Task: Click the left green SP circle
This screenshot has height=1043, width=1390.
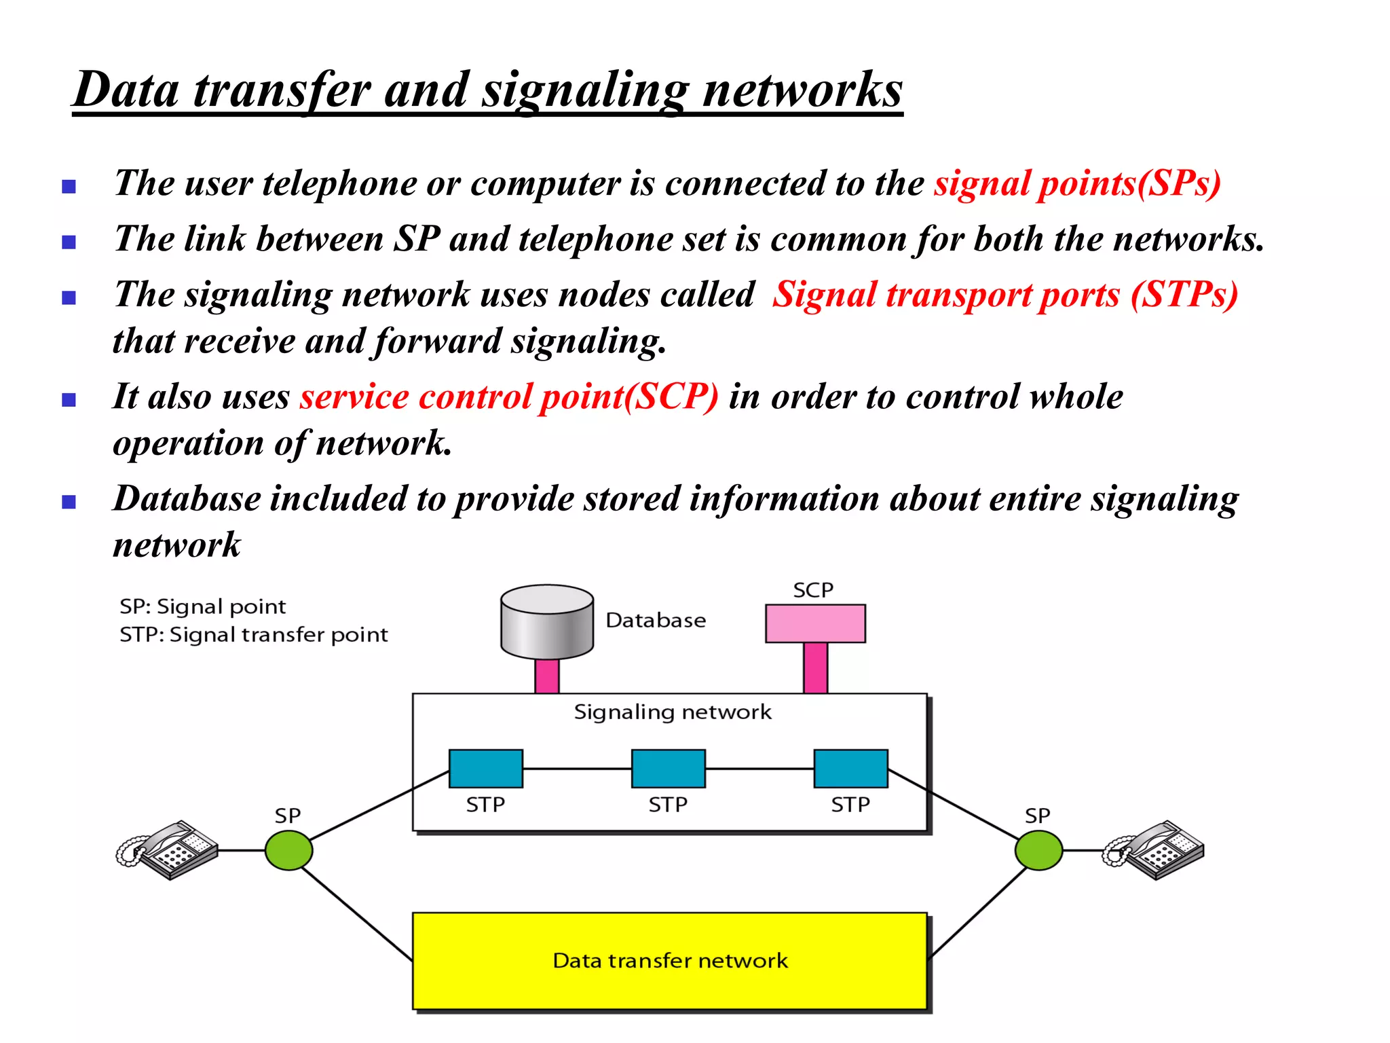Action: point(288,850)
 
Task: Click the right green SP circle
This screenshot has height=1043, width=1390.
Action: point(1038,850)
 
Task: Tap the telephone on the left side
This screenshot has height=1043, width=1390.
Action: point(168,850)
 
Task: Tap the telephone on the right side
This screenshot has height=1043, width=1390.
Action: point(1153,850)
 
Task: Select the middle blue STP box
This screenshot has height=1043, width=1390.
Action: point(668,769)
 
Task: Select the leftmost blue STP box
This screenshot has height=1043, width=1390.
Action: point(485,769)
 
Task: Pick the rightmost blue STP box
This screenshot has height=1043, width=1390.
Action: point(850,769)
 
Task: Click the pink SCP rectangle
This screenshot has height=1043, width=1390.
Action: point(815,623)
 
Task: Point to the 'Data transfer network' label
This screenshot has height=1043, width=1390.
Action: point(670,961)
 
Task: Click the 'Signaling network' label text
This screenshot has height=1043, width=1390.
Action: point(672,712)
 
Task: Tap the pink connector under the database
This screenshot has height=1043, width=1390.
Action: point(547,676)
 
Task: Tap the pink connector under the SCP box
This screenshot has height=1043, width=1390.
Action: point(815,668)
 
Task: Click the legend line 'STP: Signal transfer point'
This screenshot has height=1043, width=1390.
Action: point(253,635)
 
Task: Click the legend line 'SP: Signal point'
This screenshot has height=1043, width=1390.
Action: point(202,606)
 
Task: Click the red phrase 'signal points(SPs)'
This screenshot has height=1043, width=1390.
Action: point(1077,183)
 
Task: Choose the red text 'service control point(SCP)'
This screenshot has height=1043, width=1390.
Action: point(509,397)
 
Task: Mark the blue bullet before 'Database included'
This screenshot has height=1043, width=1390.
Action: point(69,502)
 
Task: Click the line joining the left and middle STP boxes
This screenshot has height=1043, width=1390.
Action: point(577,769)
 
